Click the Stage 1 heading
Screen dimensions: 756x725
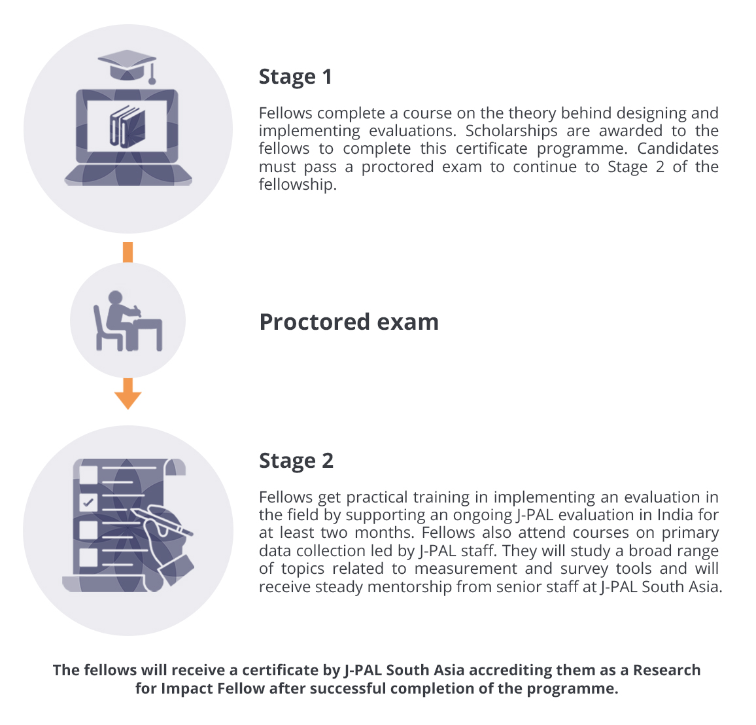point(295,77)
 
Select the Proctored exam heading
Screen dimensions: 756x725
point(349,322)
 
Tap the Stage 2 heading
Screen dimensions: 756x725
point(296,461)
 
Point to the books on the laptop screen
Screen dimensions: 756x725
point(128,126)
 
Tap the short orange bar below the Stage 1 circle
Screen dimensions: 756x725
point(128,253)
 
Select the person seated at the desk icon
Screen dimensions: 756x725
point(128,321)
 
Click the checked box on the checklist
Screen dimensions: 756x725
point(88,503)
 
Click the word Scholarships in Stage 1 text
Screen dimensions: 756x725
point(511,131)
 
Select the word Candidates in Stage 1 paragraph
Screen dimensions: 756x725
point(678,149)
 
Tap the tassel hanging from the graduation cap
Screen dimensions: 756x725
point(152,73)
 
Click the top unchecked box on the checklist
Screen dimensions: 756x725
point(88,474)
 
